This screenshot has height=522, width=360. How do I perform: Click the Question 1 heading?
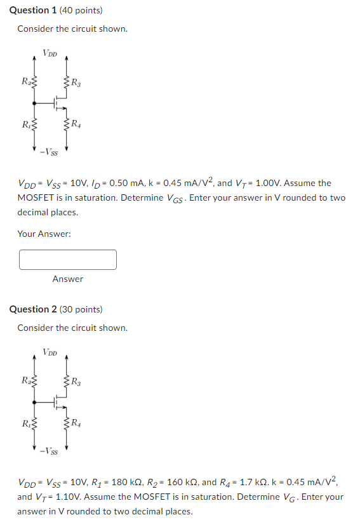pos(56,10)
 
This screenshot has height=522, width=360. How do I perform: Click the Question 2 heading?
pos(56,309)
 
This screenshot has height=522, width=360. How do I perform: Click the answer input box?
pos(68,259)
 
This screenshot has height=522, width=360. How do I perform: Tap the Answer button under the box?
pos(68,279)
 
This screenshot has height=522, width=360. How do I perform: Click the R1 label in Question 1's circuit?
pos(25,124)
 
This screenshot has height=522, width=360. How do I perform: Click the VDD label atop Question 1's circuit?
pos(50,53)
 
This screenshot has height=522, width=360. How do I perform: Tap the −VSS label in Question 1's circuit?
pos(48,152)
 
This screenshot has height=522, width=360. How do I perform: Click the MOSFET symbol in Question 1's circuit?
pos(59,102)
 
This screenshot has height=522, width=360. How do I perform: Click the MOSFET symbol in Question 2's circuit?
pos(59,401)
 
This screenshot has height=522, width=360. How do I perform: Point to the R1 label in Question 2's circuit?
pos(25,424)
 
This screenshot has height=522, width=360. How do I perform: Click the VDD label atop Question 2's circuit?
pos(50,352)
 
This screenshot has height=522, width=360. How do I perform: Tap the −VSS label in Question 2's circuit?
pos(48,452)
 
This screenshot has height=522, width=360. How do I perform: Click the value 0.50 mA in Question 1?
pos(125,184)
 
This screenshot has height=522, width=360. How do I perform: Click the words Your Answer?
pos(44,234)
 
